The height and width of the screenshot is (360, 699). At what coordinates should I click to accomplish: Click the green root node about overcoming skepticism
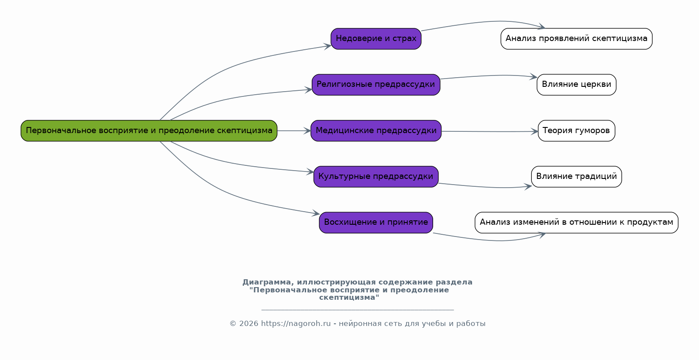coord(149,131)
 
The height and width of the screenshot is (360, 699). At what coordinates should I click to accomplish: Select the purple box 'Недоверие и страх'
coord(376,39)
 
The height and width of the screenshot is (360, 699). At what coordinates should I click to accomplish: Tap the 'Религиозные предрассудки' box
coord(376,85)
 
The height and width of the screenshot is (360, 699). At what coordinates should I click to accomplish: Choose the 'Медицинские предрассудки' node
coord(376,131)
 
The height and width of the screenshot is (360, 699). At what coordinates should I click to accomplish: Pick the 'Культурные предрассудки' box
coord(376,177)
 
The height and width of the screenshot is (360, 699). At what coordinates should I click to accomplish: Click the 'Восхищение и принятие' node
coord(376,223)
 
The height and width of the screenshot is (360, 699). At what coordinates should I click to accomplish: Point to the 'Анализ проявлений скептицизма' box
coord(576,39)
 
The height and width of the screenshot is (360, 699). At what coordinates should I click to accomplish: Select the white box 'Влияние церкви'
coord(576,85)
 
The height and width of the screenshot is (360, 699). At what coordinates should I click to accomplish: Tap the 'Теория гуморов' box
coord(576,131)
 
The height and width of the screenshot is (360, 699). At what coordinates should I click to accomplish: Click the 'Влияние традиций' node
coord(576,177)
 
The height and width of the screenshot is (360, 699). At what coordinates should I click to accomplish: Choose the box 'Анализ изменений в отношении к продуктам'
coord(576,223)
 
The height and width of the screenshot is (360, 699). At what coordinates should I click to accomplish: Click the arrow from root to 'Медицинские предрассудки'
coord(294,131)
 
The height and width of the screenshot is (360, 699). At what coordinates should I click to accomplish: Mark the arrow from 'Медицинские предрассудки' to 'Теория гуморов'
coord(489,132)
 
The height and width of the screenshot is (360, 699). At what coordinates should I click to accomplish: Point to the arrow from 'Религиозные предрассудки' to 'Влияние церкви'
coord(489,75)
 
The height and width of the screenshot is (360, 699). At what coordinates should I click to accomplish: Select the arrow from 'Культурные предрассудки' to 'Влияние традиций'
coord(485,187)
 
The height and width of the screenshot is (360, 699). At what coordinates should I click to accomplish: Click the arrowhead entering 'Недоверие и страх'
coord(327,47)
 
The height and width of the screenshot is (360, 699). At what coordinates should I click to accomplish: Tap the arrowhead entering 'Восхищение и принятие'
coord(316,213)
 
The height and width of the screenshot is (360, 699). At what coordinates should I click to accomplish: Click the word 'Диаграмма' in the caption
coord(268,282)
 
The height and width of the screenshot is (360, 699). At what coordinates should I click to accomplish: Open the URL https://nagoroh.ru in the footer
coord(296,323)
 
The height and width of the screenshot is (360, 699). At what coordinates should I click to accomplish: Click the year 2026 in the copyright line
coord(249,323)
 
